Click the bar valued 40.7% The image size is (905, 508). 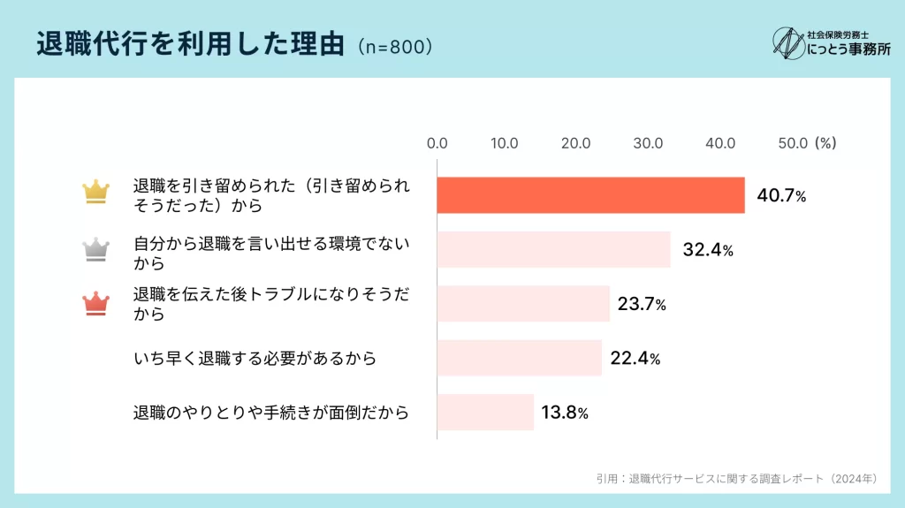[x=590, y=195]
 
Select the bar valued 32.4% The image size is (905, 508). [x=553, y=249]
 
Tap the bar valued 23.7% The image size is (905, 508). [x=523, y=304]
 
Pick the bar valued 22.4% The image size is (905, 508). [x=519, y=358]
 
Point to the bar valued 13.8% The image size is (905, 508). [x=485, y=412]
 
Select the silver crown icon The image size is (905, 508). [x=95, y=248]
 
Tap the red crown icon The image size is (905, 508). [x=95, y=303]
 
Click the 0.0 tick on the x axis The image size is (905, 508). [x=437, y=142]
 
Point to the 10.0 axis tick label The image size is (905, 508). [x=504, y=142]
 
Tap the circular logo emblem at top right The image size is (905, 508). [x=787, y=43]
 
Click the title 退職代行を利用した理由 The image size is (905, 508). [x=190, y=45]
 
